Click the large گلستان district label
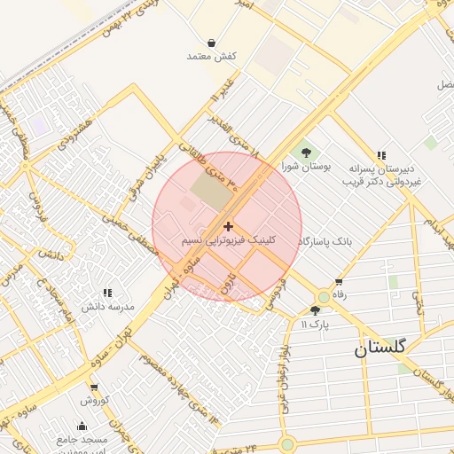pyautogui.click(x=380, y=348)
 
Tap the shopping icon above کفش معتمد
pyautogui.click(x=211, y=42)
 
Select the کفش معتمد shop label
pyautogui.click(x=211, y=56)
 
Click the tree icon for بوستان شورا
pyautogui.click(x=306, y=153)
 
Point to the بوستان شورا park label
pyautogui.click(x=306, y=167)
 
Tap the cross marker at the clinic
pyautogui.click(x=229, y=227)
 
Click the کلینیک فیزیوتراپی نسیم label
pyautogui.click(x=229, y=240)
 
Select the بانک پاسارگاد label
pyautogui.click(x=326, y=241)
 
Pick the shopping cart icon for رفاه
pyautogui.click(x=338, y=282)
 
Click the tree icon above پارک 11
pyautogui.click(x=316, y=310)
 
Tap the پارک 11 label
pyautogui.click(x=315, y=325)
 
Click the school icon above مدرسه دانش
pyautogui.click(x=108, y=292)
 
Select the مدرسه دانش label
pyautogui.click(x=108, y=306)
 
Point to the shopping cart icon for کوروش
pyautogui.click(x=94, y=387)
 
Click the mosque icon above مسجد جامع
pyautogui.click(x=82, y=427)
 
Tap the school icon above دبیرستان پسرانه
pyautogui.click(x=381, y=154)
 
